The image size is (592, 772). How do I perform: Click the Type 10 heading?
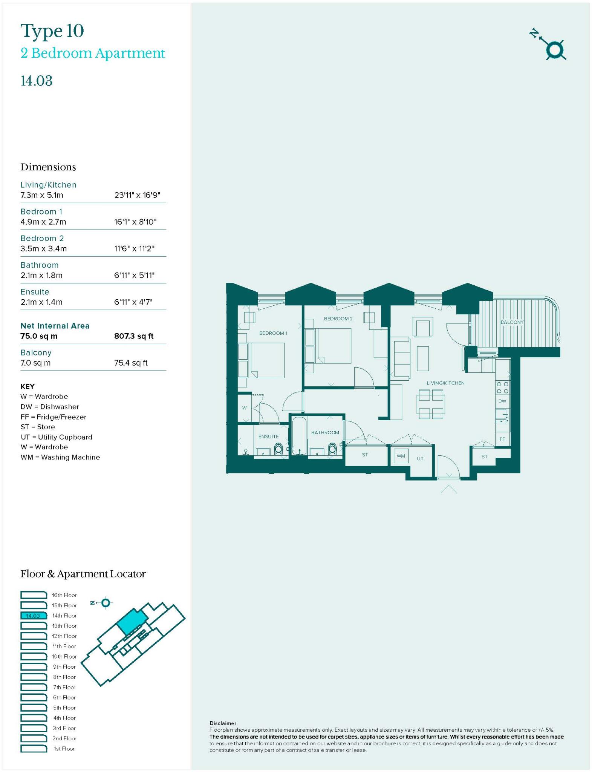(52, 31)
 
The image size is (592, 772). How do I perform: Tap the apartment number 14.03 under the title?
(37, 81)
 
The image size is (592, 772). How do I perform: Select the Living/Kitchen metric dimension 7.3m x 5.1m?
(42, 195)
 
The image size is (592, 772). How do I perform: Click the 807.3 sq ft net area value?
(134, 336)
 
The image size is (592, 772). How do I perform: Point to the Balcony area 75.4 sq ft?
(131, 363)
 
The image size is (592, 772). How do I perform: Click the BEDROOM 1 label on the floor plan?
(273, 333)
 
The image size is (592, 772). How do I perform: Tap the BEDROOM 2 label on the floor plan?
(338, 319)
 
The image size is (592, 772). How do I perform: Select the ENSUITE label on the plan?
(268, 436)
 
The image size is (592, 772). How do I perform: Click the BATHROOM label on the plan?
(325, 432)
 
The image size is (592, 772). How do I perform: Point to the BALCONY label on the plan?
(512, 322)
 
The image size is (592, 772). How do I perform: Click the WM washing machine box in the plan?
(401, 456)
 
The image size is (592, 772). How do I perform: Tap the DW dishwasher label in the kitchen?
(502, 401)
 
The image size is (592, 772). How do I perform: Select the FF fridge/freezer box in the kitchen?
(502, 439)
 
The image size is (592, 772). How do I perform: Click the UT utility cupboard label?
(420, 458)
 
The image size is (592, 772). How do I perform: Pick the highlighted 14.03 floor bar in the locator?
(34, 616)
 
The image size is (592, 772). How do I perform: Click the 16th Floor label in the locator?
(64, 595)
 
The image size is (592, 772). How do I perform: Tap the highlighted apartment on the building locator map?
(131, 621)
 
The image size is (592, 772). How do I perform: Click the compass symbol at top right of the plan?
(554, 50)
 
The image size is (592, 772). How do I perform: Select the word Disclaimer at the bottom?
(223, 723)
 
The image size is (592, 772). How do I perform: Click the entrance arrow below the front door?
(448, 489)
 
